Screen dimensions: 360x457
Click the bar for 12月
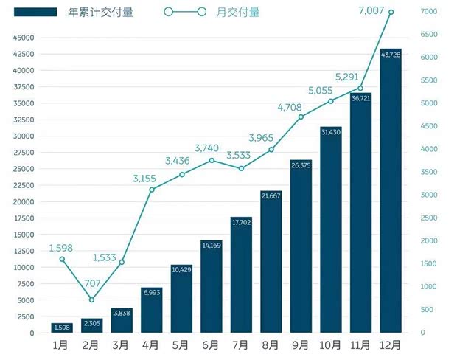point(391,192)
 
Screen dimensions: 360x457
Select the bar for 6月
point(212,287)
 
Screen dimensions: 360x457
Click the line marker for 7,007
point(391,12)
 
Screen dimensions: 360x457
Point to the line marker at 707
point(91,300)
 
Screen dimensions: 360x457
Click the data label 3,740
point(212,148)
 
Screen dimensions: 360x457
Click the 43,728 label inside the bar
point(391,55)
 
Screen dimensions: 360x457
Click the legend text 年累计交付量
point(100,13)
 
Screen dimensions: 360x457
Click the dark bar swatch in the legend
point(35,13)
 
